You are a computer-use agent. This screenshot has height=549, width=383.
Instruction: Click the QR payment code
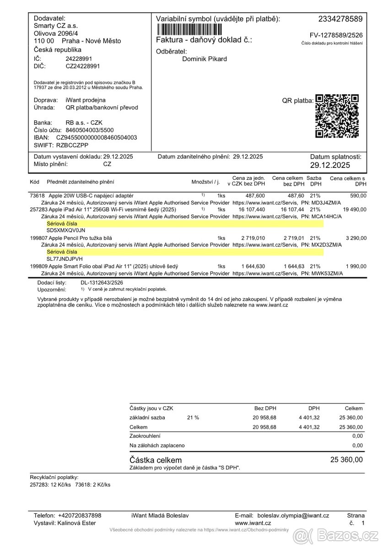coord(337,116)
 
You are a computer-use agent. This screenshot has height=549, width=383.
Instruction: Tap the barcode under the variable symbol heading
coord(189,30)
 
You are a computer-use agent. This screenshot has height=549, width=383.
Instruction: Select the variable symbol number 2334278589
coord(340,19)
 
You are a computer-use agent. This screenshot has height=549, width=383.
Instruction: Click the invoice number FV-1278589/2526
coord(336,35)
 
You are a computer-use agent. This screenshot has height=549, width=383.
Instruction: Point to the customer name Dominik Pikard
coord(205,59)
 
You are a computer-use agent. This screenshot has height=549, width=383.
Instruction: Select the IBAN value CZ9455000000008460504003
coord(97,137)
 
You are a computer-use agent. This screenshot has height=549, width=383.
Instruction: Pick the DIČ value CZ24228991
coord(83,66)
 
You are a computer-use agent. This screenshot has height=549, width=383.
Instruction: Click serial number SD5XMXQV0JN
coord(66,231)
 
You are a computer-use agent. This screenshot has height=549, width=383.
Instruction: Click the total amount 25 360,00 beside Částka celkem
coord(346,459)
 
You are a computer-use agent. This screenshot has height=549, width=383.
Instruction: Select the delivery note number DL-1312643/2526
coord(102,283)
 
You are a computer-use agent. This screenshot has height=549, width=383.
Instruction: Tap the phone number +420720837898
coord(80,515)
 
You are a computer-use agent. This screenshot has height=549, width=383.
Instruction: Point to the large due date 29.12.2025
coord(330,165)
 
